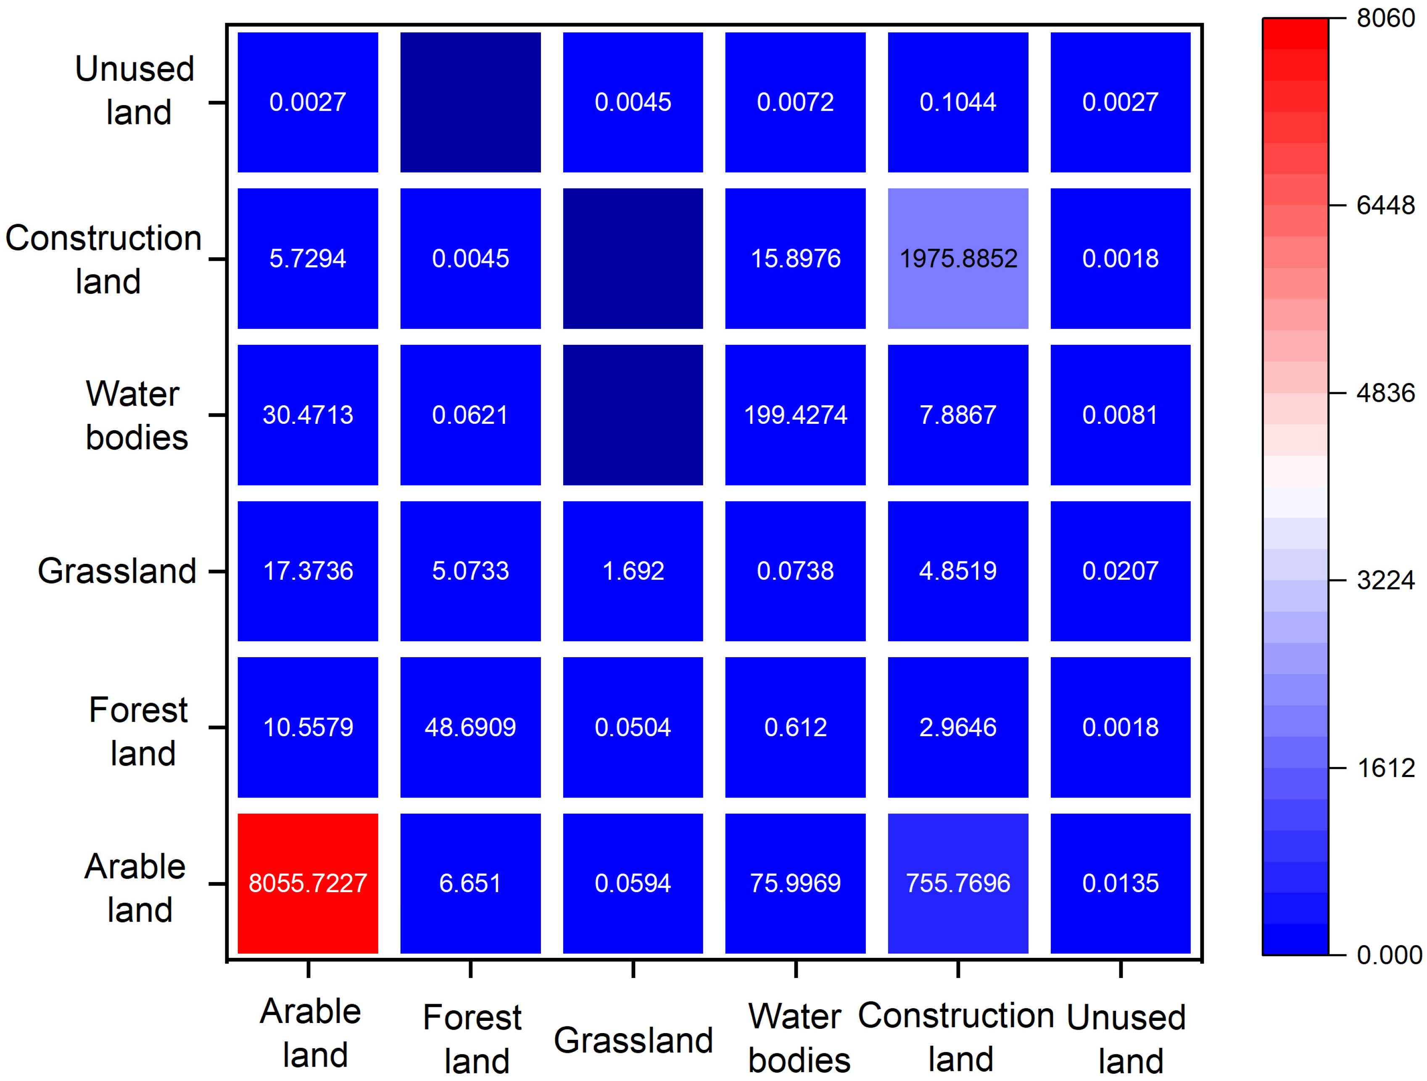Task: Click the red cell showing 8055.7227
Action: click(x=308, y=883)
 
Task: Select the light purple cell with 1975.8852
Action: click(x=957, y=258)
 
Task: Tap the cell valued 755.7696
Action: click(x=957, y=883)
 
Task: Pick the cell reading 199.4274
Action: click(x=795, y=414)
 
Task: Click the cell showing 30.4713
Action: click(x=308, y=414)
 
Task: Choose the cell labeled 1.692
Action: click(x=633, y=571)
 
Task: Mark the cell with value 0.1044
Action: click(x=957, y=102)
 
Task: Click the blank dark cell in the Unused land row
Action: click(x=470, y=102)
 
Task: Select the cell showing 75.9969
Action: click(x=795, y=883)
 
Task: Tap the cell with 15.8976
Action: click(x=795, y=258)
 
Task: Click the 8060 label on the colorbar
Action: click(x=1385, y=18)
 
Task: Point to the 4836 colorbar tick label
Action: click(x=1385, y=392)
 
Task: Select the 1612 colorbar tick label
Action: click(x=1385, y=768)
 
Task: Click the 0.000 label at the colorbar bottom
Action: click(x=1388, y=954)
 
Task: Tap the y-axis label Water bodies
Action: click(x=135, y=415)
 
